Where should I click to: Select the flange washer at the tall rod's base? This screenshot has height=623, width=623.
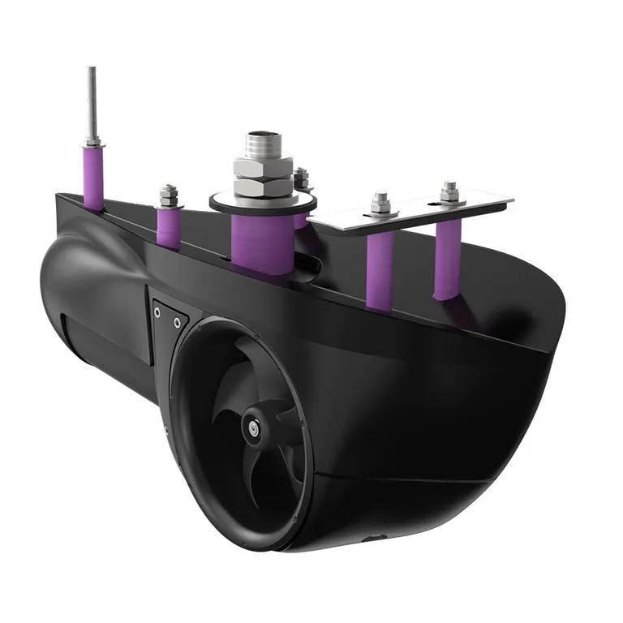(92, 144)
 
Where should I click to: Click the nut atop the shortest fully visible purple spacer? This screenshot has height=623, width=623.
(168, 195)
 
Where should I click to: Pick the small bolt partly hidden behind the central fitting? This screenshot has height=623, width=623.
(302, 179)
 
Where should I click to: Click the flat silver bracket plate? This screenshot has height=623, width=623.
(414, 209)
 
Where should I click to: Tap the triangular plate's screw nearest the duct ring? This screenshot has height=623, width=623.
(177, 323)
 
